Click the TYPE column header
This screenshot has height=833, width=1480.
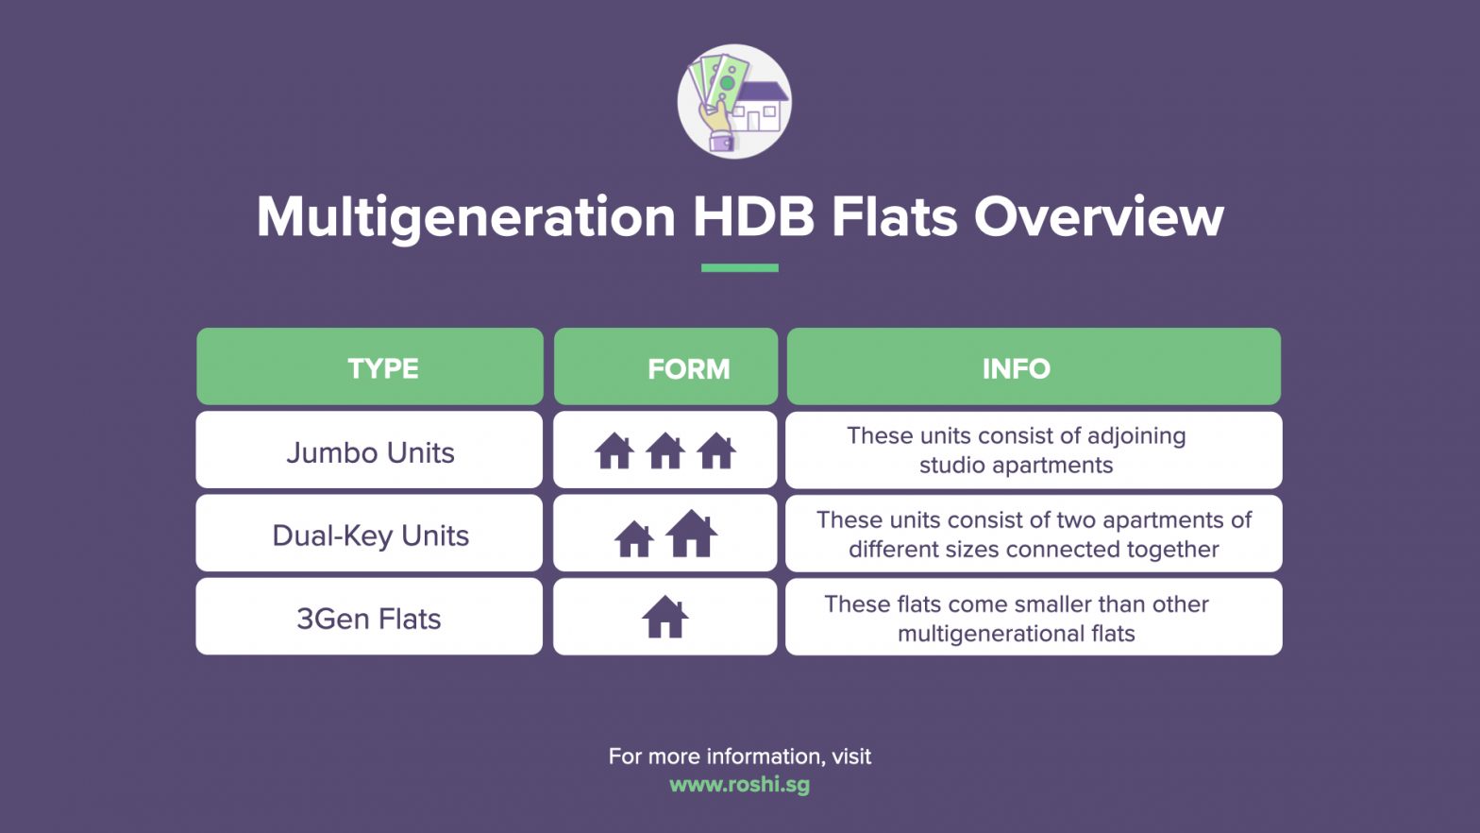[x=370, y=366]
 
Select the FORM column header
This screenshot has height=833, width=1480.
[x=666, y=366]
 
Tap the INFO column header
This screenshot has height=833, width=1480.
[x=1034, y=366]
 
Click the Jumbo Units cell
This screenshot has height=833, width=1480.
[x=369, y=450]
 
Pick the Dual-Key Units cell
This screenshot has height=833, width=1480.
[x=369, y=533]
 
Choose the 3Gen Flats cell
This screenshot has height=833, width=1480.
[x=369, y=616]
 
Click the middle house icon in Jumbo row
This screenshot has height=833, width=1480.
[x=665, y=450]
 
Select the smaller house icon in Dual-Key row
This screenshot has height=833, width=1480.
[x=634, y=538]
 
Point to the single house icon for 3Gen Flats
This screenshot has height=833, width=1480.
[x=665, y=617]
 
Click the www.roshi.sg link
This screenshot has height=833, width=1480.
[x=739, y=785]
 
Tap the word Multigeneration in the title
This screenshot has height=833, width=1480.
[x=466, y=217]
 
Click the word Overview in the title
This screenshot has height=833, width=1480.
[x=1099, y=216]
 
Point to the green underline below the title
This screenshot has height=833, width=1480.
[x=740, y=268]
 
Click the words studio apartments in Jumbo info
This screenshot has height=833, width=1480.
[x=1017, y=466]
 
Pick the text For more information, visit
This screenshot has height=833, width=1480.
[x=740, y=756]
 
